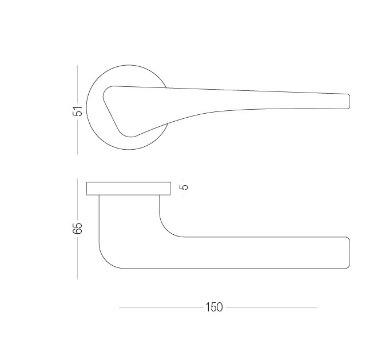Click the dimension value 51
click(77, 111)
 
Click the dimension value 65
click(77, 228)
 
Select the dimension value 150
click(214, 307)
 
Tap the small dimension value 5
click(185, 187)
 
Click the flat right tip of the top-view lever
click(350, 101)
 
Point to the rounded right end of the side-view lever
click(350, 253)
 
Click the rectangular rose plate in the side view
click(129, 189)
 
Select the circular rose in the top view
click(87, 107)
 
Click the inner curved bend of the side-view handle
click(166, 230)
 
